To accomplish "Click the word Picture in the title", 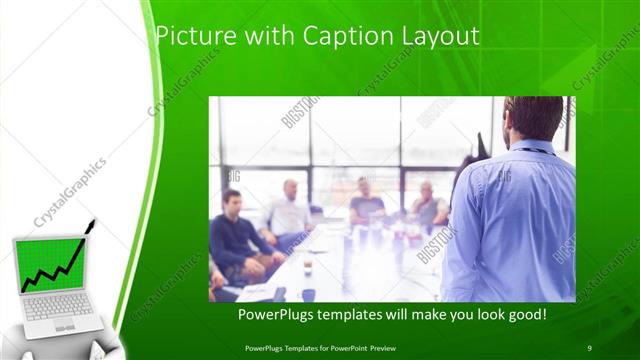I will point(191,37).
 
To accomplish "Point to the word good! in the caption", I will point(525,315).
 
